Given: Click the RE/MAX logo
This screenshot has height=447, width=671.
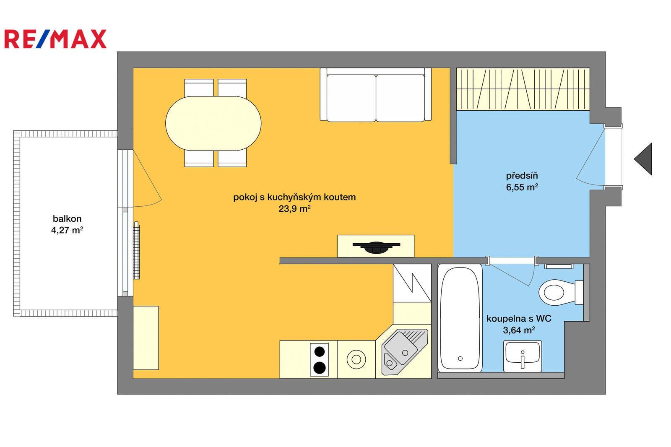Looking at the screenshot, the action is click(55, 39).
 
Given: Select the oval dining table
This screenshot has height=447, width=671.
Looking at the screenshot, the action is click(213, 123).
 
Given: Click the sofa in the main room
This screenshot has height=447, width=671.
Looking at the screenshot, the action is click(376, 94).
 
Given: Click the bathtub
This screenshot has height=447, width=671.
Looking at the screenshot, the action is click(460, 318).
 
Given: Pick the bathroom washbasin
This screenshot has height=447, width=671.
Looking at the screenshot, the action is click(523, 356).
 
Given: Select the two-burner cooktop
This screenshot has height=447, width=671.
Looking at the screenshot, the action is click(319, 359).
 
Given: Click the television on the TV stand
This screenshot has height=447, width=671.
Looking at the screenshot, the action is click(376, 247).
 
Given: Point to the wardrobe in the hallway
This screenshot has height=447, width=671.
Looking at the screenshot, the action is click(523, 89).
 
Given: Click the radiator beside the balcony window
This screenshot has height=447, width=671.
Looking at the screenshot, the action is click(137, 250).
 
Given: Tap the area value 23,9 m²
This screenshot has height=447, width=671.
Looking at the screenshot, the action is click(294, 209).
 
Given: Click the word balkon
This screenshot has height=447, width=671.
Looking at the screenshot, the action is click(67, 219).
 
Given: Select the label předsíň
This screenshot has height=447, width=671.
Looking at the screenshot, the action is click(522, 176).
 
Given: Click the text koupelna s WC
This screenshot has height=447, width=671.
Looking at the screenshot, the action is click(519, 318).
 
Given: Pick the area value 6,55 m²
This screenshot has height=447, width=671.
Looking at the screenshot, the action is click(522, 187).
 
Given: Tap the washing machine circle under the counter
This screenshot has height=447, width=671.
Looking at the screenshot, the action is click(356, 359).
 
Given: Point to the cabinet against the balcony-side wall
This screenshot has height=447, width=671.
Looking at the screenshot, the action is click(146, 338).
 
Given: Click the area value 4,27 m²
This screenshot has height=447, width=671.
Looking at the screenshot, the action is click(67, 230).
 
